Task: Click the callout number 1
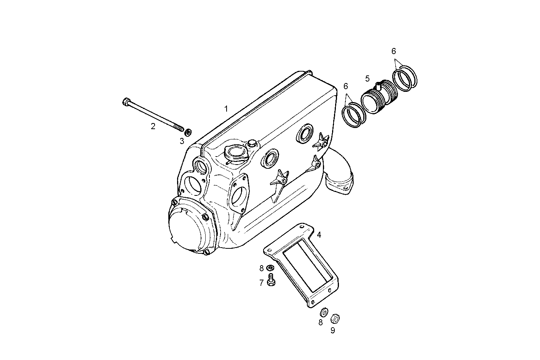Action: [226, 109]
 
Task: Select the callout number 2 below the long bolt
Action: [153, 126]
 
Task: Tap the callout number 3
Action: [182, 141]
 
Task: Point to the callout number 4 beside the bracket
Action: [319, 235]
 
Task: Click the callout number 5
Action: [367, 79]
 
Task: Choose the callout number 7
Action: [262, 283]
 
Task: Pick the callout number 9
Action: [332, 331]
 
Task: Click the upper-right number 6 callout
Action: [394, 51]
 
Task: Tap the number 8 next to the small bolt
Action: [262, 268]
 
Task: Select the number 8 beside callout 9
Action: [321, 322]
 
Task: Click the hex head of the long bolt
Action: [126, 102]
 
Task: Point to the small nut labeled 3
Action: [188, 133]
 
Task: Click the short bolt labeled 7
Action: [272, 281]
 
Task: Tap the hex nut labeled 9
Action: [335, 318]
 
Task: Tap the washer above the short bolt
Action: [270, 268]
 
